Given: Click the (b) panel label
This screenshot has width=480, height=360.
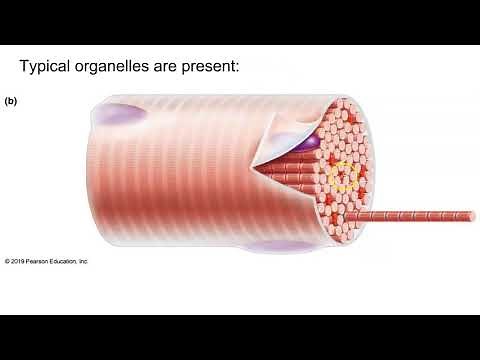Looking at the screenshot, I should tap(11, 101).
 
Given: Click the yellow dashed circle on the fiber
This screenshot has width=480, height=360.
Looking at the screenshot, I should tap(344, 176).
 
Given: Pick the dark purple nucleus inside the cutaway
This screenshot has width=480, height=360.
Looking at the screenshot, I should tap(308, 142).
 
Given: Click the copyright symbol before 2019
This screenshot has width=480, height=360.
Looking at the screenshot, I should tap(7, 261).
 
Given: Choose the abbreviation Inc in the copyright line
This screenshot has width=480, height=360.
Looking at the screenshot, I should tap(84, 261).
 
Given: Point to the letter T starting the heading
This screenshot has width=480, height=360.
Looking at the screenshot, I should tap(25, 67).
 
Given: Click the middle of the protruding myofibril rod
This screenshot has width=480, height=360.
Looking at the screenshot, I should tap(415, 215).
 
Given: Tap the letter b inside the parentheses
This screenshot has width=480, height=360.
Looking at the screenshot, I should tap(11, 101).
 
